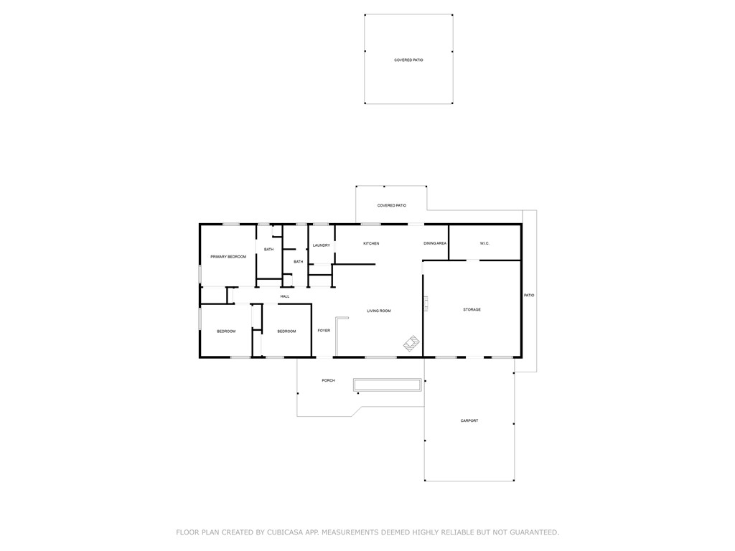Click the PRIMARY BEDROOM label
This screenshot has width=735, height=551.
[x=228, y=257]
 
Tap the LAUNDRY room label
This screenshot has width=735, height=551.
[x=321, y=245]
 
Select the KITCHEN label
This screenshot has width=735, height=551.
[x=371, y=244]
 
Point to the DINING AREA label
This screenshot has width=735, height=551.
[x=435, y=244]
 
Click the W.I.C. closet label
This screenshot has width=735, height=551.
[x=484, y=244]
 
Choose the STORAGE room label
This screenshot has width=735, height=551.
[x=472, y=310]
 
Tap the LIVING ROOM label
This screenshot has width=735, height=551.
[x=379, y=311]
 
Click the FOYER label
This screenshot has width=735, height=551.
[x=324, y=331]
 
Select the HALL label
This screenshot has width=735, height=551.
[x=285, y=296]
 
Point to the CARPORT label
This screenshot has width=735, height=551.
[x=469, y=421]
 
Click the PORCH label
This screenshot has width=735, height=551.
[x=328, y=380]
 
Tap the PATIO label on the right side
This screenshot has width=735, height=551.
[x=529, y=296]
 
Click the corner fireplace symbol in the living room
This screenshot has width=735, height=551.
[x=411, y=344]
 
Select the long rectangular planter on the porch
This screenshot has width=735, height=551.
[x=387, y=385]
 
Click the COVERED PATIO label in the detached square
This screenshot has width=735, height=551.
[x=408, y=60]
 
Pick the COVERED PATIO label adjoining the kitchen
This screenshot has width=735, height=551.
[x=392, y=206]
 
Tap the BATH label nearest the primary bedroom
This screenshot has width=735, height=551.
[x=268, y=250]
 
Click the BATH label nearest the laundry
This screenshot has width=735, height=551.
[x=298, y=262]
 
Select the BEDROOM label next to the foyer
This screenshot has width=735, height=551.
[x=286, y=331]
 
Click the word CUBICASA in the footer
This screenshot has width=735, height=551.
[x=286, y=532]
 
